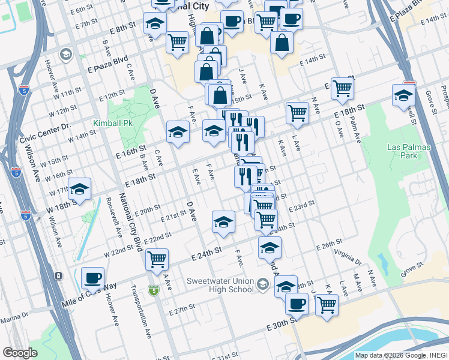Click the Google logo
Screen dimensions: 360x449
pos(20,353)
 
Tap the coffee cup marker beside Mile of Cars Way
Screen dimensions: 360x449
pos(92,278)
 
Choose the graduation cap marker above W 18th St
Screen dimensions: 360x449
pos(79,189)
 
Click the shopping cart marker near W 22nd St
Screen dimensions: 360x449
pos(157,259)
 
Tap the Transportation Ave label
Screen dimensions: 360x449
pos(140,309)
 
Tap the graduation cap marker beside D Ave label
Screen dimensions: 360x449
pos(178,132)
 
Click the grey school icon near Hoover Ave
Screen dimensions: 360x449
pos(65,55)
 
